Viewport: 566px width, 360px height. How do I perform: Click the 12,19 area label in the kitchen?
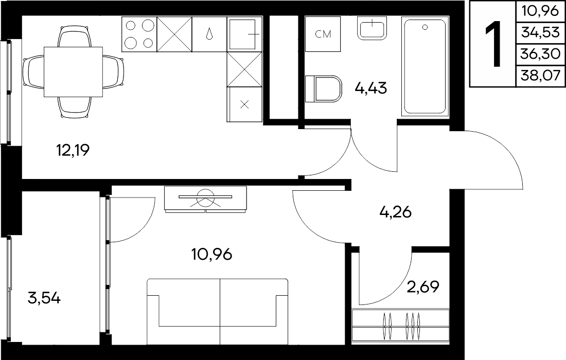[73, 150]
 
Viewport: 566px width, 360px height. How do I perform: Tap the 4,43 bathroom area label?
[370, 87]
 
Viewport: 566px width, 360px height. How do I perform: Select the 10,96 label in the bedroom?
[211, 255]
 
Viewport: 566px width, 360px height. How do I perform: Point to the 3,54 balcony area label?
[44, 298]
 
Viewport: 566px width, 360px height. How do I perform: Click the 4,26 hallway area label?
[396, 212]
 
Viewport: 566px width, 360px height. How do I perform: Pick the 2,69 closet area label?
[423, 287]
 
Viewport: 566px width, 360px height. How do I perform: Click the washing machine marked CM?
[323, 34]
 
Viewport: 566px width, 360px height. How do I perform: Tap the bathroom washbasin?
[372, 28]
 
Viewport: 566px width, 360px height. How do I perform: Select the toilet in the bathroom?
[324, 88]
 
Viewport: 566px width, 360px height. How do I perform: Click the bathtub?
[425, 67]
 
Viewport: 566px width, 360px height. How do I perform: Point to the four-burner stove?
[139, 34]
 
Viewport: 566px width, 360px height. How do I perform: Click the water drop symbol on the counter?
[209, 34]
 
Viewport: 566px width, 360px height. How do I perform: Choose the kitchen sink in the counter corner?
[245, 34]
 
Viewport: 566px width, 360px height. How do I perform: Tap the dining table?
[73, 72]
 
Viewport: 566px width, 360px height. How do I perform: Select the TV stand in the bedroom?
[205, 199]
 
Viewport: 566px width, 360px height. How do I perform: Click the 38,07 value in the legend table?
[540, 76]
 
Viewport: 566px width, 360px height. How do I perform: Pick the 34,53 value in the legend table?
[540, 32]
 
